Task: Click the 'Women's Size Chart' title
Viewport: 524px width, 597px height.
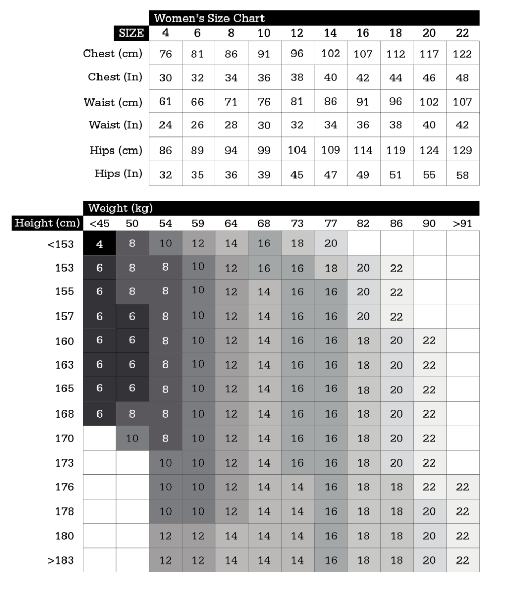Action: coord(209,19)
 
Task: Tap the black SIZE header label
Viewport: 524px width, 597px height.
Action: coord(132,34)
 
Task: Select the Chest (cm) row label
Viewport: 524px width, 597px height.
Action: coord(112,54)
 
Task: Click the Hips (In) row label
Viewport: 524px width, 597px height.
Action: coord(118,173)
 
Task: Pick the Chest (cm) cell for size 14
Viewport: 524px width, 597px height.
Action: coord(330,54)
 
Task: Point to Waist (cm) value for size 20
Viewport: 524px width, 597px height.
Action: coord(429,102)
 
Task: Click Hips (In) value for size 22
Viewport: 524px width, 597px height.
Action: coord(463,175)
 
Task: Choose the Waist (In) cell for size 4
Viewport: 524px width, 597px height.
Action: coord(165,125)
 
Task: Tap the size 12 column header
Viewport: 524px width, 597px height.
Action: coord(297,34)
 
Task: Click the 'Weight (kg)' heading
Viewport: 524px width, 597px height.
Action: coord(120,208)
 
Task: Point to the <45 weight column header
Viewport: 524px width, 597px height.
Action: coord(99,224)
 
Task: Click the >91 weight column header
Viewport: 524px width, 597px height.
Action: coord(463,224)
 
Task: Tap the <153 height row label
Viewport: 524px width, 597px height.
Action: coord(60,244)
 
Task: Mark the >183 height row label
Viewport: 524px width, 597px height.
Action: coord(60,560)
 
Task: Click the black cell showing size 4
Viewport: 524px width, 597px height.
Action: coord(99,244)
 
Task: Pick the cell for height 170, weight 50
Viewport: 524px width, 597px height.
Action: coord(132,439)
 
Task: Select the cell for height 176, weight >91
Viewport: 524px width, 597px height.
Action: coord(463,487)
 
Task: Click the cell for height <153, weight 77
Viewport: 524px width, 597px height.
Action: coord(331,244)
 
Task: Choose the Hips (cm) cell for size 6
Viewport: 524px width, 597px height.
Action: coord(198,151)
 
